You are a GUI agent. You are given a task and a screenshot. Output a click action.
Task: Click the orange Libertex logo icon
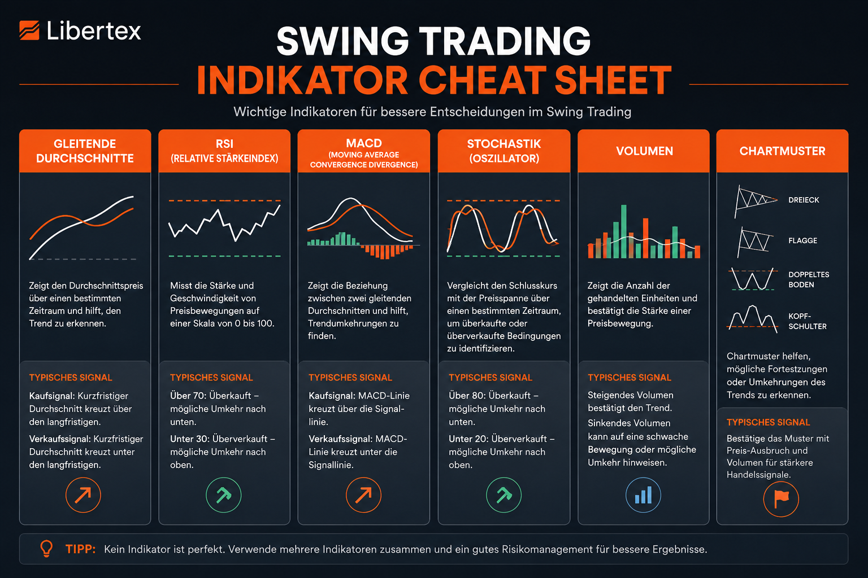click(x=29, y=30)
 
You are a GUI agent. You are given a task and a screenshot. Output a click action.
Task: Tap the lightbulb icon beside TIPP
click(x=46, y=549)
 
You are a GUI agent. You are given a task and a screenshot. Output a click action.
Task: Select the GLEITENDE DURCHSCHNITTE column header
click(x=85, y=151)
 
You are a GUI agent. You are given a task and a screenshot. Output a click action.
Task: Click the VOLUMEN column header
click(x=644, y=151)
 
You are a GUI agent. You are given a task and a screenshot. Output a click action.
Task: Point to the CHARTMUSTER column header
click(x=782, y=151)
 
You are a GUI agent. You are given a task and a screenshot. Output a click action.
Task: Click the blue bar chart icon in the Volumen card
click(x=643, y=495)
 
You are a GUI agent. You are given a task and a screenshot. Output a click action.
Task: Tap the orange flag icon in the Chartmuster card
click(x=781, y=499)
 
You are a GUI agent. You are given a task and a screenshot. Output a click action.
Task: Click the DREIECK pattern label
click(x=804, y=200)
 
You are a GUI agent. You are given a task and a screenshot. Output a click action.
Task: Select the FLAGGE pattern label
click(x=802, y=241)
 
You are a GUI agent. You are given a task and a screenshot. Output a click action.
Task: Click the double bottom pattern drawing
click(x=753, y=279)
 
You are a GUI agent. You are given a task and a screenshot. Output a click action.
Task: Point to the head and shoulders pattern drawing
click(x=752, y=319)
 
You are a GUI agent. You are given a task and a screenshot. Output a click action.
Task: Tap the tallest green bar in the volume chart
click(x=623, y=231)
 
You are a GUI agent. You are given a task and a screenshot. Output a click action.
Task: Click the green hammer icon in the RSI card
click(x=224, y=495)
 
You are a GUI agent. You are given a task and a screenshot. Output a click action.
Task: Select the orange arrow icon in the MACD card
click(x=363, y=495)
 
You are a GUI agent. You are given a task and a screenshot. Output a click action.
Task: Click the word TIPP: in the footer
click(x=80, y=549)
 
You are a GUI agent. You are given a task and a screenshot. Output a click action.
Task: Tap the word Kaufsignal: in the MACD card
click(x=332, y=396)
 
